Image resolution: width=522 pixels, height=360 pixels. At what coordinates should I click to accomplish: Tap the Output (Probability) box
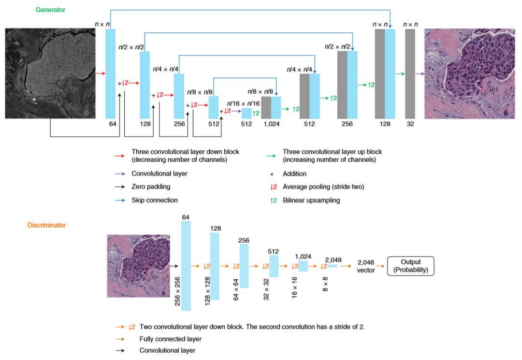411,266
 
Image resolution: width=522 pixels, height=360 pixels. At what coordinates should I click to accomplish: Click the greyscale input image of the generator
50,73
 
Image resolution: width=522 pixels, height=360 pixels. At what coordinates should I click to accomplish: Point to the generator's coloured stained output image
470,73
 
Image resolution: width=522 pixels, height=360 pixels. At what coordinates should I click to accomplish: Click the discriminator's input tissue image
138,265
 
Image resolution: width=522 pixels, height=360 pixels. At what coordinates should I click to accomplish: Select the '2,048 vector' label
366,266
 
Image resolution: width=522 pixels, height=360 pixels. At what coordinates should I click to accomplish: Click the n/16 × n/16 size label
244,103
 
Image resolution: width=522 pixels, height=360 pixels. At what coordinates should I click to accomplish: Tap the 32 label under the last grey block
410,123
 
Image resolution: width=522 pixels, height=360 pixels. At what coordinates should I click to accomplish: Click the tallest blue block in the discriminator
186,265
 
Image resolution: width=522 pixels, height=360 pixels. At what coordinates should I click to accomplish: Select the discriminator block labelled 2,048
333,266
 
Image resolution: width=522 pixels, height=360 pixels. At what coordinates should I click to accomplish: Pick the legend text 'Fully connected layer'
170,339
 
